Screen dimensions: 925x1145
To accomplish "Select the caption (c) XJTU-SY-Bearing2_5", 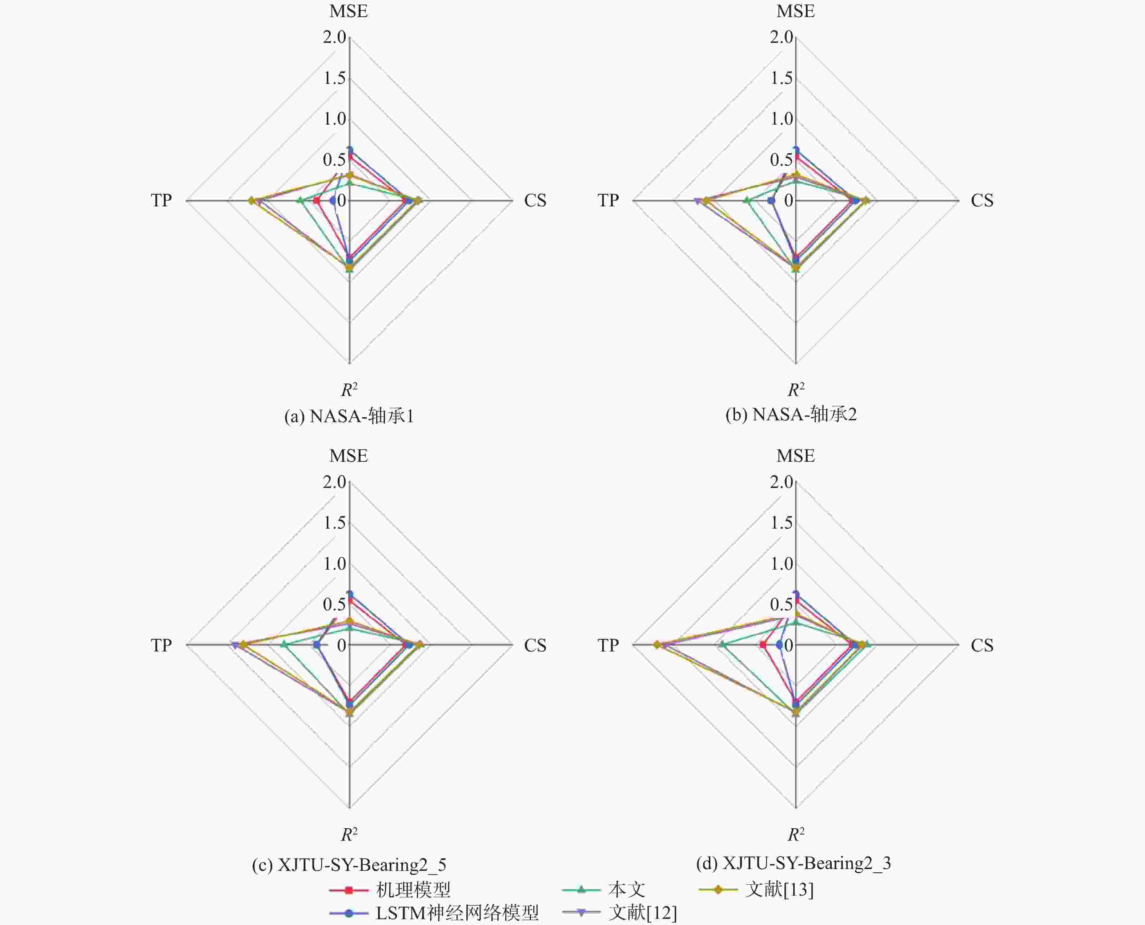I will (349, 864).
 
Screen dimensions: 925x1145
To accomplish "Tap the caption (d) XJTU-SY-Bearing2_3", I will (793, 863).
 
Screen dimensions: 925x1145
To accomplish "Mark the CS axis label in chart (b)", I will (982, 200).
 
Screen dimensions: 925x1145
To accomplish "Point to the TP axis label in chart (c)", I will (161, 645).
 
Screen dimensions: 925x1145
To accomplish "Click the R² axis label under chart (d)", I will (796, 834).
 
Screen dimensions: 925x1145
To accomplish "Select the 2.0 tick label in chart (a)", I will (334, 37).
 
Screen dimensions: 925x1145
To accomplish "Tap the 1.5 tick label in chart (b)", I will (782, 78).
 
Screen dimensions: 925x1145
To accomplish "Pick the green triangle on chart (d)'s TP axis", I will (723, 645).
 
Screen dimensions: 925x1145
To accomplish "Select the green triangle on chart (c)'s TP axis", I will (284, 645).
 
